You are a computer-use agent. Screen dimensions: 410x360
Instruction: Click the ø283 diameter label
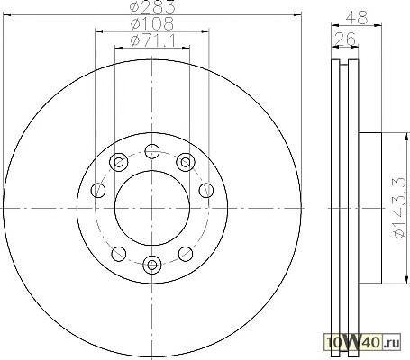pos(152,6)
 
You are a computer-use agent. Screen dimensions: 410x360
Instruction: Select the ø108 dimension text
pos(152,23)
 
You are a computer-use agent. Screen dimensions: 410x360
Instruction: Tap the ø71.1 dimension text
pos(153,40)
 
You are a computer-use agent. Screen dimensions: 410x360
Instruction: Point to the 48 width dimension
pos(357,18)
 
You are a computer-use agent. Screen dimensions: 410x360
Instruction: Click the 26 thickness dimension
pos(345,39)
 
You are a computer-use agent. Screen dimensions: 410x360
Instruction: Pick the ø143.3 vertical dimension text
pos(402,208)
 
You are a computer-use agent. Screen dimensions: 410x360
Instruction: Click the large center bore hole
pos(152,208)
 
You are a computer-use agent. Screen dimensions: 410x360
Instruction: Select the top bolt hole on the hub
pos(152,151)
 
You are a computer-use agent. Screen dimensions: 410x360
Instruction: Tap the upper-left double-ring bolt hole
pos(119,162)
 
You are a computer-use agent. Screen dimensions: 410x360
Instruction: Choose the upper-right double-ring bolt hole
pos(186,162)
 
